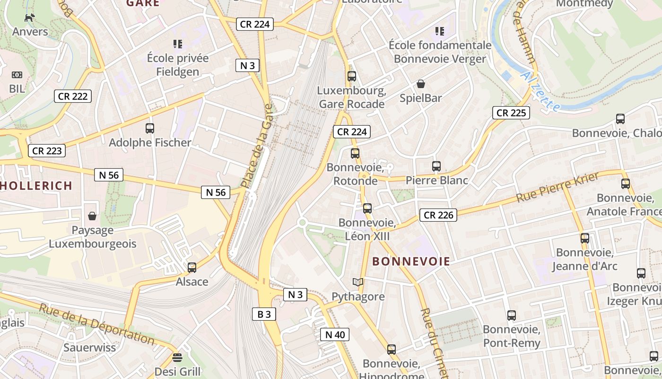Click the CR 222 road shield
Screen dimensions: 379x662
tap(72, 96)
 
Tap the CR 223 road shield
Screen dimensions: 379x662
tap(47, 151)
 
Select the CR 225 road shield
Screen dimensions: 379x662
tap(511, 113)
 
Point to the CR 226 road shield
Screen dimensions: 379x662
tap(438, 215)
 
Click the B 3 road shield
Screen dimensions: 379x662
tap(264, 314)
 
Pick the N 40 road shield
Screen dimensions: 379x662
tap(335, 334)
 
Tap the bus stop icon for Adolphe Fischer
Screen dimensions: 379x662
tap(150, 128)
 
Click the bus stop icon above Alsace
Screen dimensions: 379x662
tap(192, 267)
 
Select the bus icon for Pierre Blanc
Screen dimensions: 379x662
tap(436, 166)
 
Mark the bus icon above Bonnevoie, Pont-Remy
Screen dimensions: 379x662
tap(511, 316)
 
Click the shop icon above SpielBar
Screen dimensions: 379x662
tap(420, 84)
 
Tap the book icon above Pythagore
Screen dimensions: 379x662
tap(358, 282)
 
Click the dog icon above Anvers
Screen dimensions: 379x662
tap(30, 18)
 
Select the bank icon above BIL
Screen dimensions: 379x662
tap(17, 75)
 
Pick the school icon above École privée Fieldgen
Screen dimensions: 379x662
tap(178, 44)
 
